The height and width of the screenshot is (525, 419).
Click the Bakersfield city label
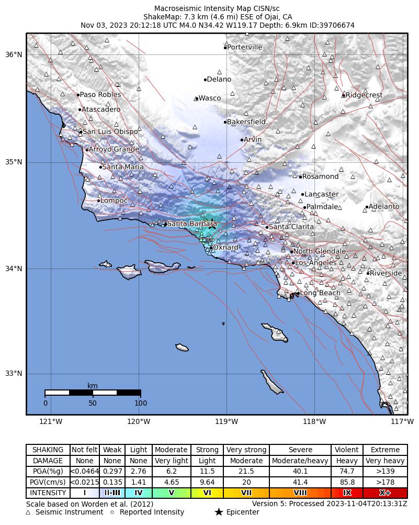[246, 122]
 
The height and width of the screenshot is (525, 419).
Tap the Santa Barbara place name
[191, 224]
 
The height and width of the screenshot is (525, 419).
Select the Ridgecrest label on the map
[364, 95]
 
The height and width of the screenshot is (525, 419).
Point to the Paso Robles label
[100, 95]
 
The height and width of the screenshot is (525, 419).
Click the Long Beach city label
[320, 293]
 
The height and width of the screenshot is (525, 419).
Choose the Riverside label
[386, 273]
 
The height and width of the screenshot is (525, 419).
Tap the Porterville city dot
[225, 48]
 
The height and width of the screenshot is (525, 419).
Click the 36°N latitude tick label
[14, 55]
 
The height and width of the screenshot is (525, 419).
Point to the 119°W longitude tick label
[227, 421]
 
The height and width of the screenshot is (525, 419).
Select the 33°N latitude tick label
[14, 374]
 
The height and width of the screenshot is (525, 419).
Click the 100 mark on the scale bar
[140, 403]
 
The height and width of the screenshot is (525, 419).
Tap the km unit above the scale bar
[93, 386]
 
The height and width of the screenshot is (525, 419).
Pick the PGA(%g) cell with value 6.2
[171, 472]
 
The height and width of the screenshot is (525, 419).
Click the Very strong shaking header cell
[246, 450]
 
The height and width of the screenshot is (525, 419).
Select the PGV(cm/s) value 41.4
[300, 483]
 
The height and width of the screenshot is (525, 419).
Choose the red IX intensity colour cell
[347, 493]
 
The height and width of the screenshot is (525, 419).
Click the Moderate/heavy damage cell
[300, 461]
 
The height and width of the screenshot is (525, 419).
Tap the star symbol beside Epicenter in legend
[219, 512]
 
